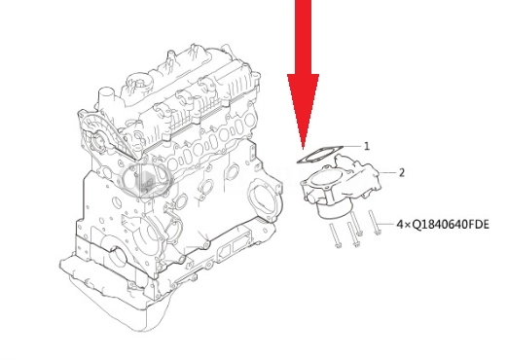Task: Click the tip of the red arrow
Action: click(x=303, y=149)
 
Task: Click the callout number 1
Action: click(x=367, y=146)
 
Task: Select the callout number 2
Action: click(x=402, y=173)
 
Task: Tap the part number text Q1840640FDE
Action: click(x=451, y=225)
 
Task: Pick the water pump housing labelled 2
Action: click(x=341, y=185)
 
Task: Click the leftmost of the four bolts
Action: click(x=335, y=235)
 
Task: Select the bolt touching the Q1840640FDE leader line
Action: click(x=374, y=222)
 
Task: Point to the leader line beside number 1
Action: click(x=351, y=147)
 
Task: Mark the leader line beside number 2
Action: click(x=388, y=173)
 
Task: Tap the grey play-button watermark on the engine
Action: click(x=146, y=179)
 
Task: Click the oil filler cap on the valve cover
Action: click(x=139, y=82)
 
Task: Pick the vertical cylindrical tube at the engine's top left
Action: click(x=106, y=97)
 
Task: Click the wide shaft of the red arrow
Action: click(x=303, y=37)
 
